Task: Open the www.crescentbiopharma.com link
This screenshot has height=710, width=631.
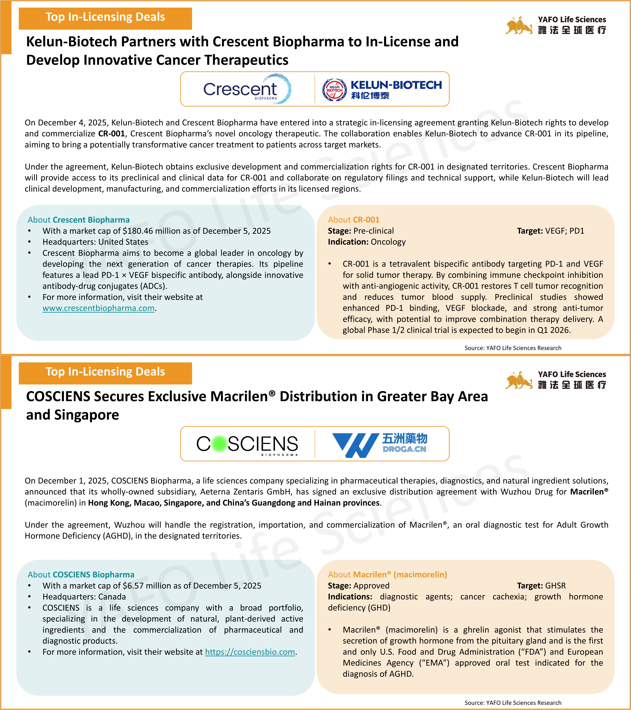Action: coord(98,308)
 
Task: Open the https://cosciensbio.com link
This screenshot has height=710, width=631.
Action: coord(250,652)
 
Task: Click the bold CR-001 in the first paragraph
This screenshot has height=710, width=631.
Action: coord(111,134)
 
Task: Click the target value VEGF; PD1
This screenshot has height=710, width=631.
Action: coord(565,231)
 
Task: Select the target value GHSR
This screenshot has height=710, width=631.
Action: coord(555,586)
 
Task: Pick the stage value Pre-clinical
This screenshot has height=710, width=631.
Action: coord(374,231)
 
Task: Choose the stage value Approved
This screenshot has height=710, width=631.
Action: coord(371,586)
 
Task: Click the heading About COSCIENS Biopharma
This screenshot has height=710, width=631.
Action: coord(81,575)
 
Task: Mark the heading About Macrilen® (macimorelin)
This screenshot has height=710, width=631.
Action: coord(387,575)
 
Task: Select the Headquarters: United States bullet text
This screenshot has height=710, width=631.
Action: coord(95,242)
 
